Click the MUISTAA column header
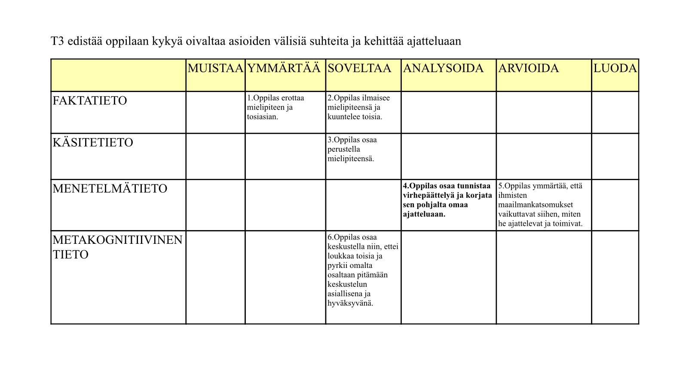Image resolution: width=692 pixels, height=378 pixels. tap(215, 69)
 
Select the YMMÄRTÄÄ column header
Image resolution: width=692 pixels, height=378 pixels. tap(284, 69)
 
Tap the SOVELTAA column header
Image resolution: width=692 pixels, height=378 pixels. tap(359, 69)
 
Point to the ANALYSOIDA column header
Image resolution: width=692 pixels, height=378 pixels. tap(443, 69)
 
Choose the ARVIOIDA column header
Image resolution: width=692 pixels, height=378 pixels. tap(528, 69)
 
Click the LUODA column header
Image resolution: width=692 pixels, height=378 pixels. tap(615, 69)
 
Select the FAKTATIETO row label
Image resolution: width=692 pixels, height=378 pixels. tap(90, 101)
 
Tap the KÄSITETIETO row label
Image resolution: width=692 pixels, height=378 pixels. tap(93, 143)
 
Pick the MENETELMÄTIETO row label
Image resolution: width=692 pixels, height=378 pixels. tap(110, 189)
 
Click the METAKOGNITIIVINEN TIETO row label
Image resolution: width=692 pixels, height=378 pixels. tap(117, 247)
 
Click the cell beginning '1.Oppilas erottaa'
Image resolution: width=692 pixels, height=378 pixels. tap(276, 108)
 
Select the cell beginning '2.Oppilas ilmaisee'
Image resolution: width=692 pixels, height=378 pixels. tap(358, 108)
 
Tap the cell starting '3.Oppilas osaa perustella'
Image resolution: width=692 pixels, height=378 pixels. tap(352, 149)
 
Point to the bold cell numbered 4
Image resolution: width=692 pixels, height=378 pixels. tap(447, 200)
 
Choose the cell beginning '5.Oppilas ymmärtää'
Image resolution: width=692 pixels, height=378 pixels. tap(540, 205)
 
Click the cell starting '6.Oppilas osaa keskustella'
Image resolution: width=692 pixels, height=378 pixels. tap(362, 270)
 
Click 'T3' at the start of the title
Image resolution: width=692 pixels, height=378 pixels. tap(58, 41)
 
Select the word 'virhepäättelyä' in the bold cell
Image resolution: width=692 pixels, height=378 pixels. tap(427, 196)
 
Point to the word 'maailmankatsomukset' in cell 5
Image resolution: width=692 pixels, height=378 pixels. tap(536, 205)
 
